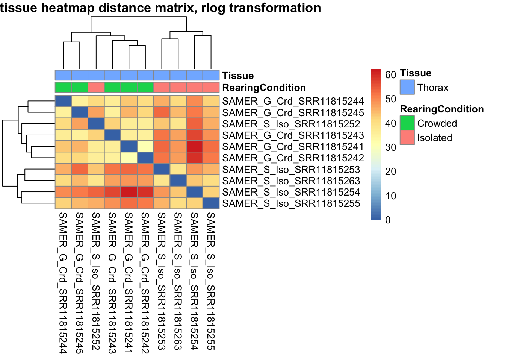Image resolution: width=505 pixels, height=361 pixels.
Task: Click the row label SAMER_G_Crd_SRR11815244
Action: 293,101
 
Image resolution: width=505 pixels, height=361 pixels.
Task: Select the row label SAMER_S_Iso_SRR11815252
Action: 291,124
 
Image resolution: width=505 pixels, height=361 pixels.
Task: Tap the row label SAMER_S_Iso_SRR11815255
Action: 291,203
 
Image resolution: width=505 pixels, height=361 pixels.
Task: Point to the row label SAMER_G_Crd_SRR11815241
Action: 293,147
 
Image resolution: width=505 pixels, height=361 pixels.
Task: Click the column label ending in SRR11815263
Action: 178,281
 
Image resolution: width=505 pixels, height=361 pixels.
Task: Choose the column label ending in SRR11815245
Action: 79,283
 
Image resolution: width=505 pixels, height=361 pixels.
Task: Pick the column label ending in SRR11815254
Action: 194,281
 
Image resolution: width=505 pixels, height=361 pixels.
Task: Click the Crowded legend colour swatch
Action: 407,123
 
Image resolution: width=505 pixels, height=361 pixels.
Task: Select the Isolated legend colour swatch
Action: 407,138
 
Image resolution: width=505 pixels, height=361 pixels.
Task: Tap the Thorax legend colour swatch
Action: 407,87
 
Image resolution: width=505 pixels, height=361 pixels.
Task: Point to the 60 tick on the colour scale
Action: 390,75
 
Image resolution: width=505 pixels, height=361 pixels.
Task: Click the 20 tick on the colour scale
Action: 390,171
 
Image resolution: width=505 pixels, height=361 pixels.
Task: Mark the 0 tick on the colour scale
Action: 388,220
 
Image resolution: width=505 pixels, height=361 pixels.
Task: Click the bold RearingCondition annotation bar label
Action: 264,88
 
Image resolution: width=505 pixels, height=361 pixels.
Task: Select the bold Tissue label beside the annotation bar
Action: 238,76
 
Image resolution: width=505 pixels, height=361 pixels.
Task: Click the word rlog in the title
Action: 213,8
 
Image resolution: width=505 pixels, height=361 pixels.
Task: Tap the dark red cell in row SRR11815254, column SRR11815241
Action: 129,192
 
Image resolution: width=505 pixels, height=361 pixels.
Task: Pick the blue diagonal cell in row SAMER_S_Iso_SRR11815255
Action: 211,203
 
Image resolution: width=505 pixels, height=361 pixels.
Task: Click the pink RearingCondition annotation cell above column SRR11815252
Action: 96,87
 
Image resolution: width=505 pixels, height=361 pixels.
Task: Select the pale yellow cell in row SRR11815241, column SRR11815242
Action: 145,146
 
